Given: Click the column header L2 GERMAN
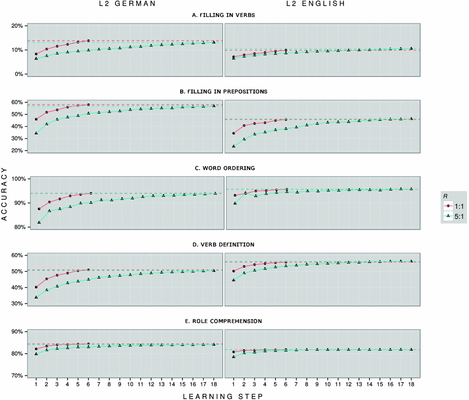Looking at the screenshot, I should click(x=128, y=4).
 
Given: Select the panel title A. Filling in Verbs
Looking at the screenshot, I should click(x=223, y=15).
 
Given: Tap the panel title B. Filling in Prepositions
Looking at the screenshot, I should click(x=223, y=92).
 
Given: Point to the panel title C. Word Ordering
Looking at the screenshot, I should click(x=224, y=168).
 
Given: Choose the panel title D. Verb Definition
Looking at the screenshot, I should click(x=223, y=245).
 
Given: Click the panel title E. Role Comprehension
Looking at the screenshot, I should click(x=223, y=321).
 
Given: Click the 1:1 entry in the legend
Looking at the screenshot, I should click(x=454, y=207).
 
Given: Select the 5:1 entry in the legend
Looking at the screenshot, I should click(x=454, y=216).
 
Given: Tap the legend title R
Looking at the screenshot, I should click(x=445, y=196).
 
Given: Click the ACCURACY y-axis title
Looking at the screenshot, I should click(x=4, y=194).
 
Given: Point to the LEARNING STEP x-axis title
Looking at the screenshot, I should click(x=223, y=396).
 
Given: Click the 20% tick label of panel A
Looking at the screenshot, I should click(x=17, y=26).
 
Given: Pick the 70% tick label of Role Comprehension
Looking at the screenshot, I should click(x=17, y=376).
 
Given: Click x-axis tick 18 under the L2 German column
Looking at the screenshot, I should click(x=214, y=384).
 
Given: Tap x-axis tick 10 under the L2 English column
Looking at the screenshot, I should click(x=328, y=384).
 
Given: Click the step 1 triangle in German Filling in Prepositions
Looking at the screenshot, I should click(x=36, y=133).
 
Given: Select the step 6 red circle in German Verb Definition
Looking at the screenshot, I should click(x=88, y=270).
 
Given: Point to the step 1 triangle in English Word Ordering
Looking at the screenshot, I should click(x=235, y=203).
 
